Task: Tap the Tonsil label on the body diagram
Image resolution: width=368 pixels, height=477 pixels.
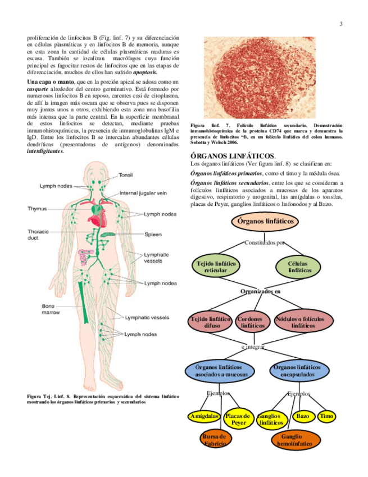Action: coord(126,175)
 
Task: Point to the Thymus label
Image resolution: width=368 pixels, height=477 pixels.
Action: coord(38,209)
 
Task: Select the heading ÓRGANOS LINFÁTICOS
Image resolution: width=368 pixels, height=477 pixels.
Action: coord(233,155)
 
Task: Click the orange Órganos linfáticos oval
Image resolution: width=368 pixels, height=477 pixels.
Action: coord(265,222)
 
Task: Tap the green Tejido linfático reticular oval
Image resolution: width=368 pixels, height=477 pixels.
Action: coord(216,267)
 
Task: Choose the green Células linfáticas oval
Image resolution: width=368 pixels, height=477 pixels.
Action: coord(300,267)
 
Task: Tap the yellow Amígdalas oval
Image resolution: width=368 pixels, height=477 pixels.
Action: coord(204,417)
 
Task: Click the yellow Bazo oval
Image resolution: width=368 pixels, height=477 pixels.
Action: coord(303,416)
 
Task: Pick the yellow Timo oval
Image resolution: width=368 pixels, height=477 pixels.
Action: coord(326,416)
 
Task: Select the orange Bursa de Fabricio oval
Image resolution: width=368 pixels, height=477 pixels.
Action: coord(213,440)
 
